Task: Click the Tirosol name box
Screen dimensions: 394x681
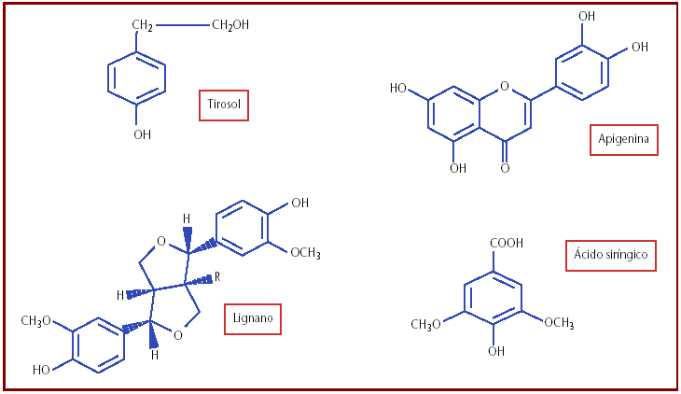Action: (x=225, y=106)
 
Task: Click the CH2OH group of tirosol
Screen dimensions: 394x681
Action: (x=230, y=25)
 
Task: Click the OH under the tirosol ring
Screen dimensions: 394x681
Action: (x=142, y=134)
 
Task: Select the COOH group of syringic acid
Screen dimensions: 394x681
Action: (x=505, y=244)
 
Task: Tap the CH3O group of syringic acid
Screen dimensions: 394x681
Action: (x=425, y=324)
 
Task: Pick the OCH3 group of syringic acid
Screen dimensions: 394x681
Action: (x=559, y=323)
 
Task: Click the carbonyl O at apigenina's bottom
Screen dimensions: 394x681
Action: (x=505, y=168)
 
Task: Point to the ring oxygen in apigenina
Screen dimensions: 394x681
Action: (x=505, y=87)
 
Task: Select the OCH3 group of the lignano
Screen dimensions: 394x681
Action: (x=305, y=252)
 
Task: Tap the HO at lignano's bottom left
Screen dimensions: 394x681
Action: (x=42, y=370)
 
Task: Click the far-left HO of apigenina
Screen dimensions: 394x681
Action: (x=398, y=89)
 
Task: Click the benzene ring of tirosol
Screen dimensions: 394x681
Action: (x=137, y=78)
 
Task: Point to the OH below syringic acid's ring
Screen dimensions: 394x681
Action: (x=495, y=352)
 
